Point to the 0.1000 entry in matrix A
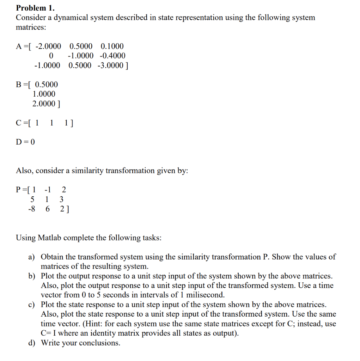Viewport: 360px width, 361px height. click(x=112, y=46)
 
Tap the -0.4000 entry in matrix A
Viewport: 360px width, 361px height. click(x=112, y=56)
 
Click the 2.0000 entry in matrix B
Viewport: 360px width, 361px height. click(x=44, y=104)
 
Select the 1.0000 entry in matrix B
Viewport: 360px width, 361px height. click(x=44, y=94)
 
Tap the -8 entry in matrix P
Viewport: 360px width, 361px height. click(x=31, y=209)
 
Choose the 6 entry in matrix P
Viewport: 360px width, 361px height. click(x=48, y=209)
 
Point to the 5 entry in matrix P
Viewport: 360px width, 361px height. click(x=33, y=199)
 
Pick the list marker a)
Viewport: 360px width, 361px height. click(x=32, y=257)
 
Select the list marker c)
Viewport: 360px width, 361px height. click(x=32, y=305)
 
